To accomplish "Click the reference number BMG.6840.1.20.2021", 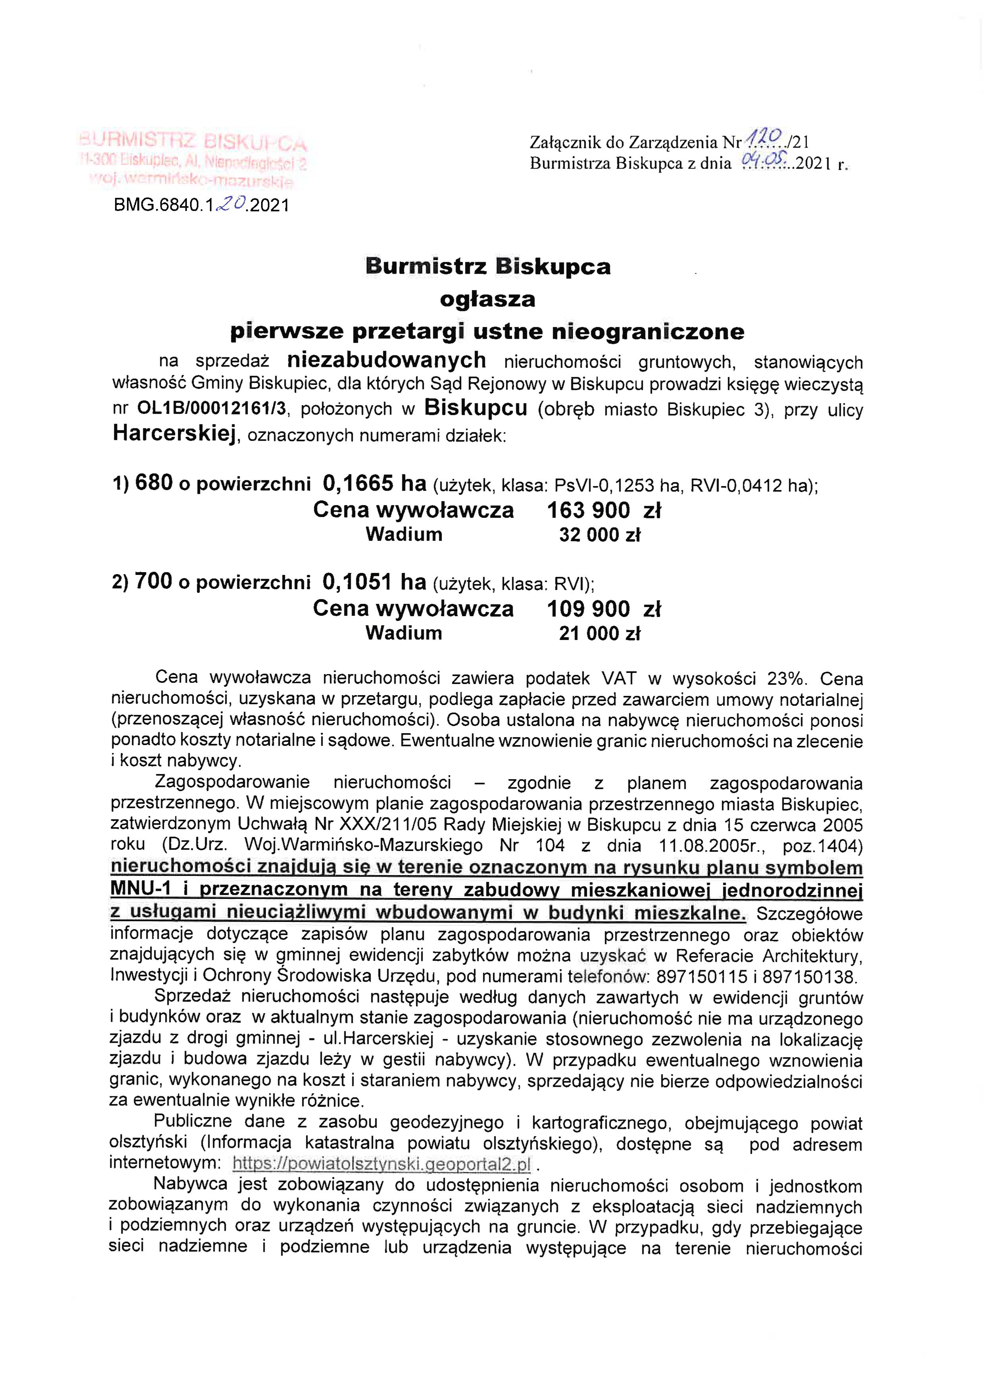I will point(201,205).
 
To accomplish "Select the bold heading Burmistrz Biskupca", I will point(488,266).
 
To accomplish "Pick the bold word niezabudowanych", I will point(386,360).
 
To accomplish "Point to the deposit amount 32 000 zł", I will point(600,535).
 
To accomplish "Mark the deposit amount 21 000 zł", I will point(600,634).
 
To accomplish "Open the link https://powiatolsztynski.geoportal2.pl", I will point(381,1164).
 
